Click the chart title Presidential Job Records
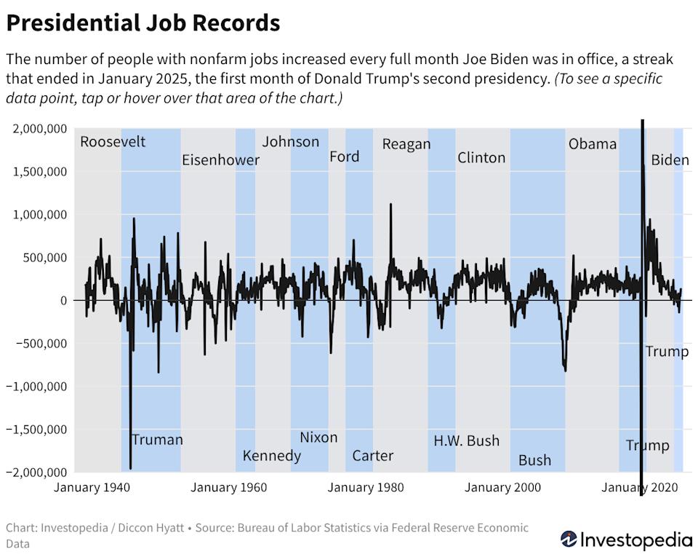pos(143,23)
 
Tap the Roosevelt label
pos(113,141)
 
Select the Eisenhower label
pos(220,159)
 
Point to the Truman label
pos(157,439)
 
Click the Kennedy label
pos(271,456)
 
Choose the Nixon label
pos(318,437)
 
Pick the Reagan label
pos(406,143)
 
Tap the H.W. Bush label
pos(466,441)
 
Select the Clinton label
pos(481,157)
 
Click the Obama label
pos(592,143)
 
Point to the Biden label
pos(670,159)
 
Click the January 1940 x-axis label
pos(87,487)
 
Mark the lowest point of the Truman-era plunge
pos(131,469)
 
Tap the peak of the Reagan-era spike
pos(391,204)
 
